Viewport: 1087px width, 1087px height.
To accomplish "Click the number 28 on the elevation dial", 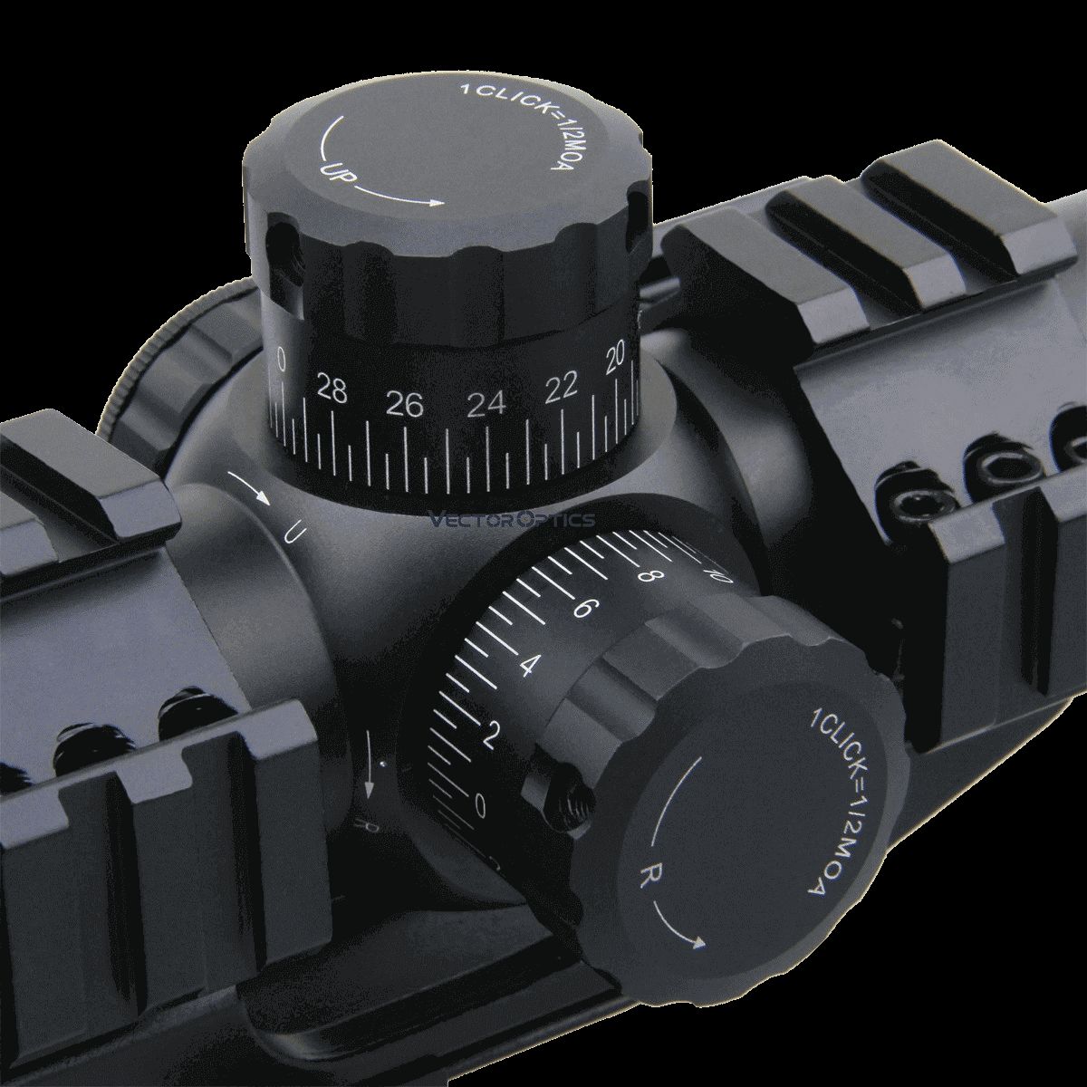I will (x=332, y=392).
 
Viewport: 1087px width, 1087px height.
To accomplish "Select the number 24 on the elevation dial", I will (x=486, y=405).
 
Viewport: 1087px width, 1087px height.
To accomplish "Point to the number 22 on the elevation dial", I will (x=562, y=388).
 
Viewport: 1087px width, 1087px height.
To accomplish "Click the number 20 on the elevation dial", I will (x=617, y=361).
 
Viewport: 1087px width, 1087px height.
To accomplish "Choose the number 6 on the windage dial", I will (x=582, y=608).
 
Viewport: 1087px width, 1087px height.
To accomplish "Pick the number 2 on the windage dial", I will (x=492, y=735).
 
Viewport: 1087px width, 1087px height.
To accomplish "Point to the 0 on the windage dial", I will (x=480, y=803).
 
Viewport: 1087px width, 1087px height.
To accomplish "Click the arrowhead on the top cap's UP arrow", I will (x=438, y=202).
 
